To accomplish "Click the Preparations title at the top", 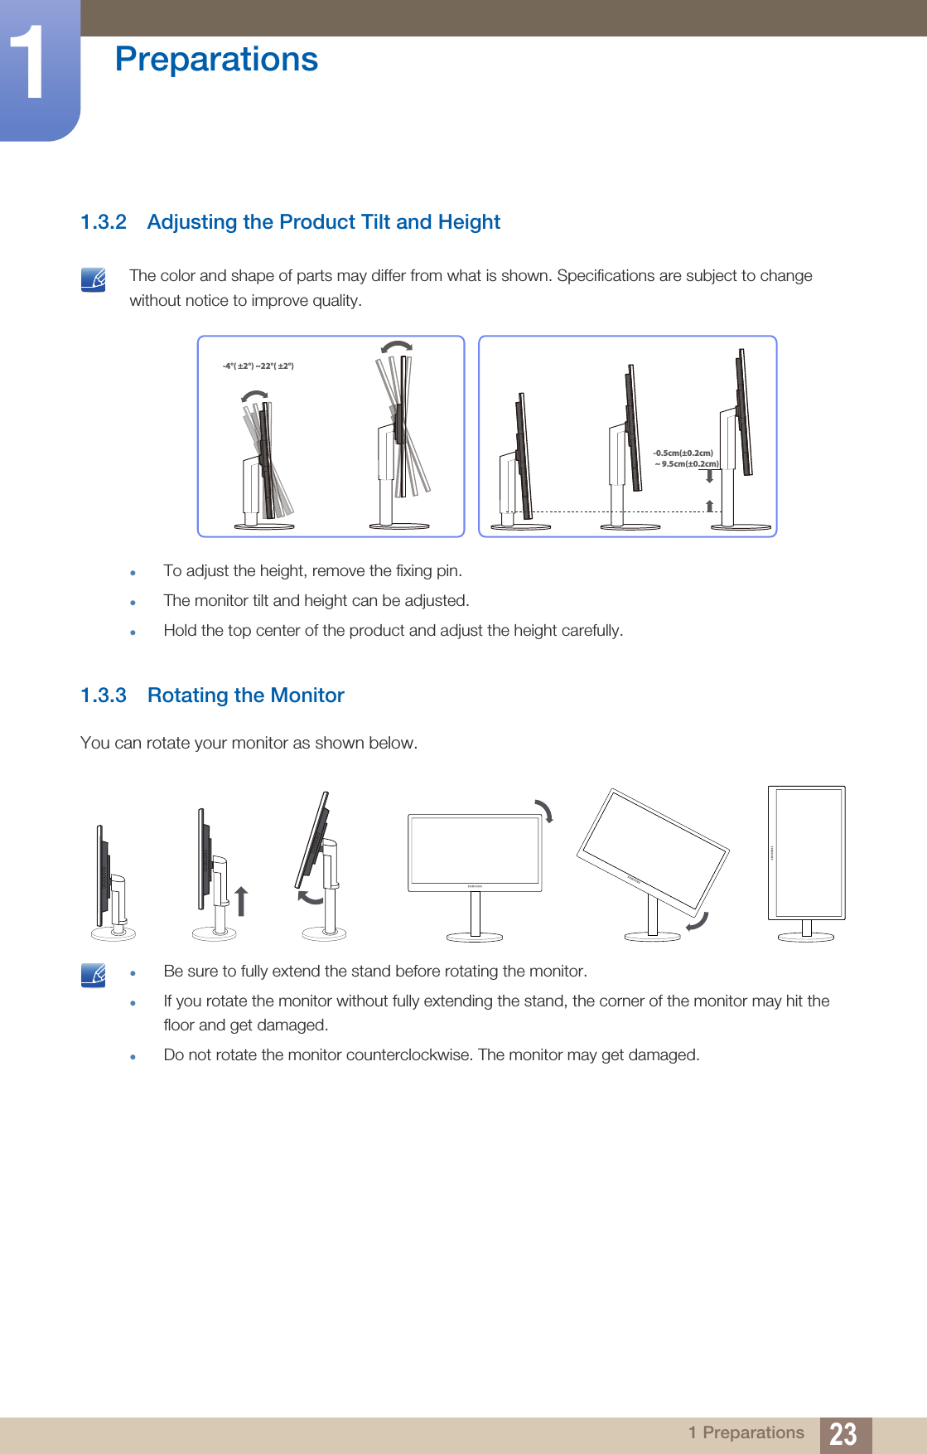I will pos(216,60).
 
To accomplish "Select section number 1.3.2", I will pos(104,222).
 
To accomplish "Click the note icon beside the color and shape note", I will pos(94,279).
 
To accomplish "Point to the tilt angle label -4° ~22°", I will pos(258,366).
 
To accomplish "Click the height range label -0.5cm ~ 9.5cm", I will pos(685,458).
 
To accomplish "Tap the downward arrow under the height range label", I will pos(710,477).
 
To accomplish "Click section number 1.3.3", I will pos(104,695).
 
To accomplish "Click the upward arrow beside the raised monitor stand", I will pos(241,900).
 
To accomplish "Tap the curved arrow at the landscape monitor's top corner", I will pos(544,810).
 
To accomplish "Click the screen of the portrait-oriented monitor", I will pos(806,852).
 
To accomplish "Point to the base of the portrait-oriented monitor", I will pos(806,937).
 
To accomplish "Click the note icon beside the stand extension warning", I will pos(94,975).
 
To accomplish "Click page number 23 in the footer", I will pos(843,1433).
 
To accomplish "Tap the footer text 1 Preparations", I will pos(746,1432).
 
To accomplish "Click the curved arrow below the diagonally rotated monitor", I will pos(698,921).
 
